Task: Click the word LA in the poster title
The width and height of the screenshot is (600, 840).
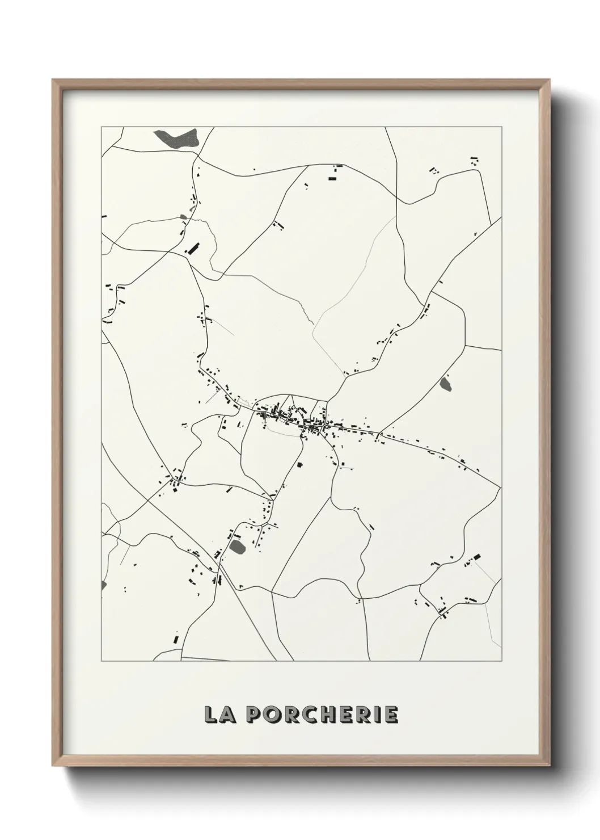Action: tap(216, 715)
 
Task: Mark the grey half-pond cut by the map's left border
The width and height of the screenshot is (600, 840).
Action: tap(103, 585)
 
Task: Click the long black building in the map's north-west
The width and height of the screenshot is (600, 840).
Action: tap(193, 249)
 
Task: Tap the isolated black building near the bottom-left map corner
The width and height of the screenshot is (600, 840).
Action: tap(176, 638)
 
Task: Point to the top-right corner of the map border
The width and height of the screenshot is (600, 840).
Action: tap(501, 127)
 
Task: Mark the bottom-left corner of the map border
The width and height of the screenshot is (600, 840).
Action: tap(102, 661)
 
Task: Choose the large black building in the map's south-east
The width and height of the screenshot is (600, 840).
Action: tap(476, 557)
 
